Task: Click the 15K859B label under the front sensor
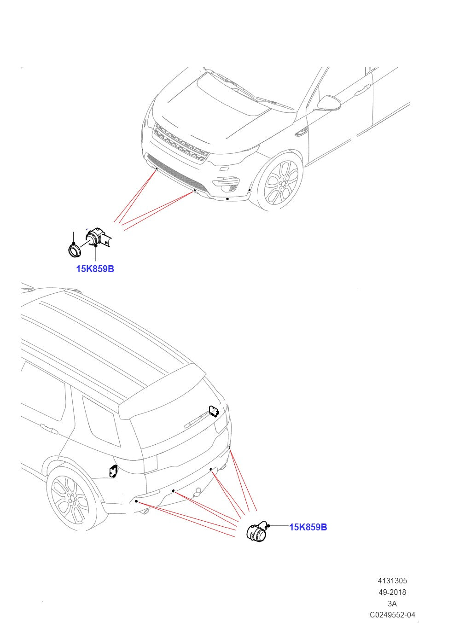point(95,269)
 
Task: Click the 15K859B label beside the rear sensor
point(308,527)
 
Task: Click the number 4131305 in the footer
point(392,581)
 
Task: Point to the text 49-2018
point(392,593)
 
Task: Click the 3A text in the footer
point(392,604)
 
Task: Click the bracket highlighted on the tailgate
point(214,410)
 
